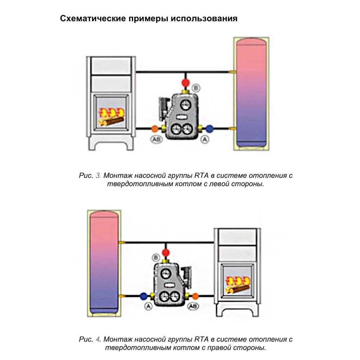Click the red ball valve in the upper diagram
pyautogui.click(x=185, y=83)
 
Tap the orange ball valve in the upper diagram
pyautogui.click(x=154, y=129)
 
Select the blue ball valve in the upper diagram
pyautogui.click(x=210, y=129)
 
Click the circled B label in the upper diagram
pyautogui.click(x=196, y=88)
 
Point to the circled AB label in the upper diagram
pyautogui.click(x=157, y=139)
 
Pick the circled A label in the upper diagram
pyautogui.click(x=205, y=139)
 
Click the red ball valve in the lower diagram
pyautogui.click(x=165, y=253)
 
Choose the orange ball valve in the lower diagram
pyautogui.click(x=195, y=296)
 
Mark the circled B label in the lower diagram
pyautogui.click(x=156, y=258)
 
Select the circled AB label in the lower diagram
pyautogui.click(x=193, y=306)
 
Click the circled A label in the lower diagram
pyautogui.click(x=149, y=306)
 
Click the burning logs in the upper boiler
pyautogui.click(x=111, y=117)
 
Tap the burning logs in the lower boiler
pyautogui.click(x=238, y=285)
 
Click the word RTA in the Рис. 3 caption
pyautogui.click(x=201, y=176)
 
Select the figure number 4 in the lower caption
pyautogui.click(x=98, y=339)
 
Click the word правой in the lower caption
pyautogui.click(x=219, y=348)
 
